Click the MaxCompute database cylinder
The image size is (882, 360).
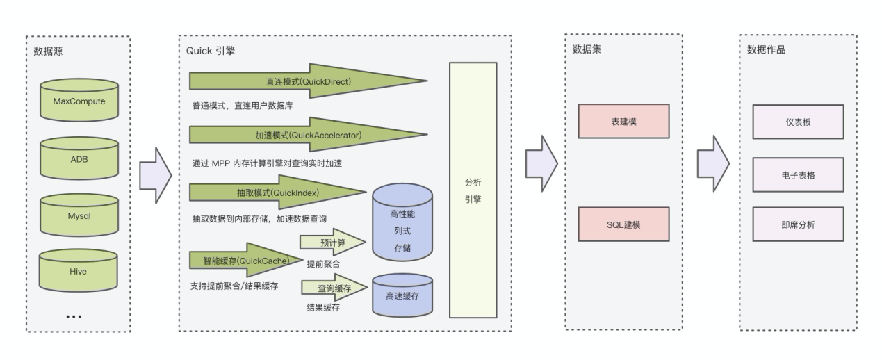79,101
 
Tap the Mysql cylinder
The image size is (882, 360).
79,215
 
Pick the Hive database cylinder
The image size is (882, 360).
79,272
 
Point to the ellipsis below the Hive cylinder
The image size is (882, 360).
74,317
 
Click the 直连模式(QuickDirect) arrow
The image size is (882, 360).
307,81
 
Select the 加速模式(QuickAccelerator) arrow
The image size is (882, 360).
307,135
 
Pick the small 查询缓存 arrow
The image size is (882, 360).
333,288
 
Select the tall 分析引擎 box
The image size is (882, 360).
473,190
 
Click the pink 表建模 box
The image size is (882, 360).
623,121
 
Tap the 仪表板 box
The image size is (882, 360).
798,121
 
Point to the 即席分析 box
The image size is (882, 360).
798,224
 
